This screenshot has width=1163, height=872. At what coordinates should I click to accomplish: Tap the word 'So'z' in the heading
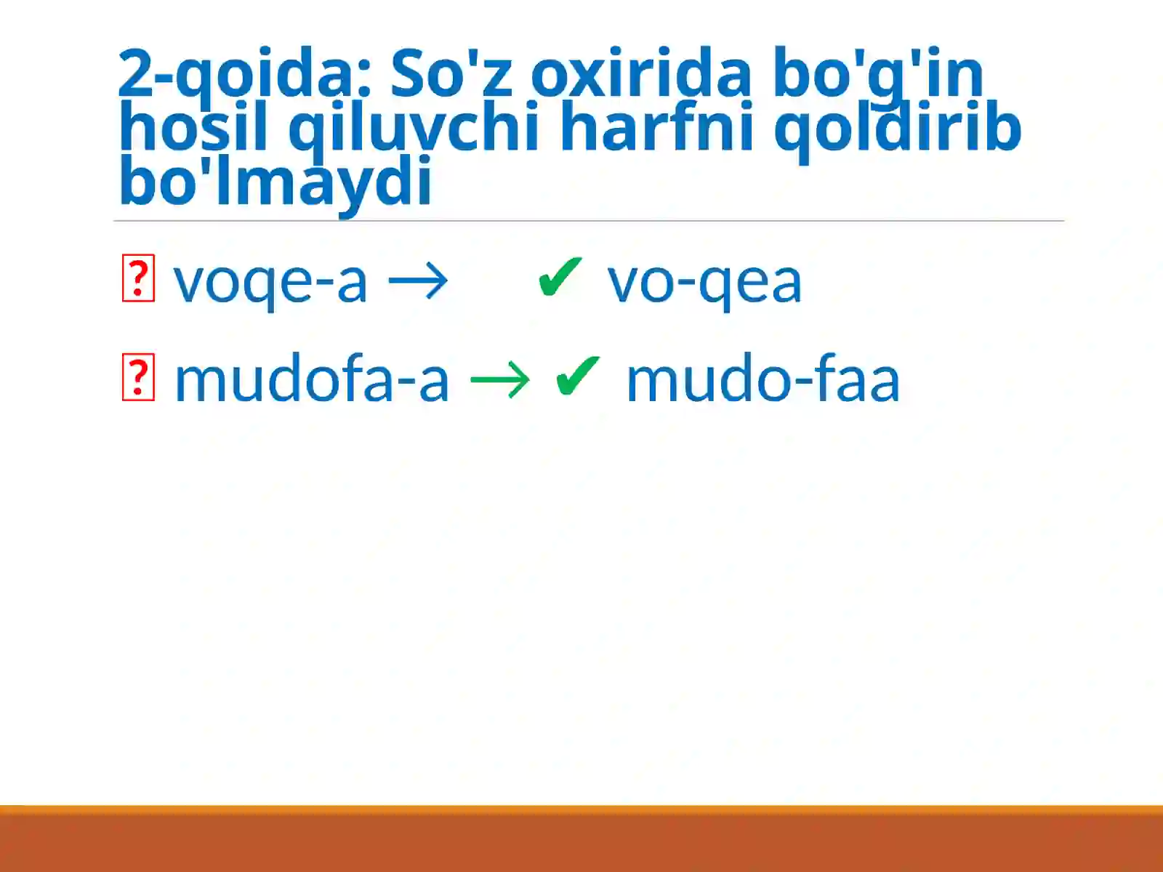[451, 74]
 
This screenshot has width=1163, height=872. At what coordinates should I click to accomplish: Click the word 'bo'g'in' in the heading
[878, 74]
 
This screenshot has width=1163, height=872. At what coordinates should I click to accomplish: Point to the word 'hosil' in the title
[193, 128]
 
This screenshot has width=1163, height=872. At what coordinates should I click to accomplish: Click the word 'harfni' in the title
[657, 128]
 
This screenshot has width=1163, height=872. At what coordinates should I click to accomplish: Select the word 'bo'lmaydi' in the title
[275, 182]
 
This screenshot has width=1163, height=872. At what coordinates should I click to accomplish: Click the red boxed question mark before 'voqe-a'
[138, 278]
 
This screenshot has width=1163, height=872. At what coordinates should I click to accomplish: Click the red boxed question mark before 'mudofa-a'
[138, 377]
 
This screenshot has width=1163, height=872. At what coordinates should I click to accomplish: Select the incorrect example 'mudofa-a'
[312, 379]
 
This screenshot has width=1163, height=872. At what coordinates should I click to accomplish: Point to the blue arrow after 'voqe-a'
[419, 280]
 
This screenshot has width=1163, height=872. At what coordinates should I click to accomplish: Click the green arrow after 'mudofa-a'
[500, 379]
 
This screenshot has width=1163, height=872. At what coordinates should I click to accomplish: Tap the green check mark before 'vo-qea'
[560, 278]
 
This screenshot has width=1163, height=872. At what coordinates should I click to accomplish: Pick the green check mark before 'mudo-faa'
[578, 376]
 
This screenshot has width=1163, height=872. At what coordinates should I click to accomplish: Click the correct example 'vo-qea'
[704, 282]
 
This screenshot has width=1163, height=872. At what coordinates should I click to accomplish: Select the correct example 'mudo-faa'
[762, 379]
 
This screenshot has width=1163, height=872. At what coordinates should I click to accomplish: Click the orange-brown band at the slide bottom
[581, 839]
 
